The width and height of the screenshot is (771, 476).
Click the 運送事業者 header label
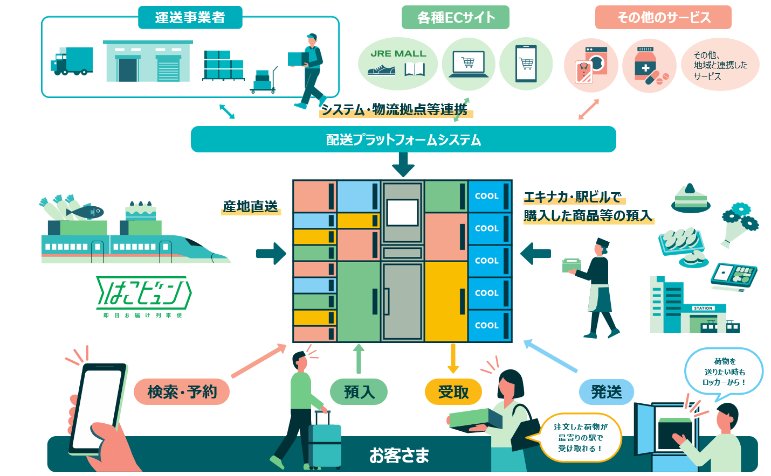(x=190, y=17)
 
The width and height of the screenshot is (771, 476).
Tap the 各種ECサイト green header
(x=456, y=17)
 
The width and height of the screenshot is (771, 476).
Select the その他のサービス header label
(x=663, y=17)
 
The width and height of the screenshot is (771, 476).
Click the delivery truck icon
(x=72, y=61)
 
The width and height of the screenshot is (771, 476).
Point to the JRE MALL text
(x=398, y=53)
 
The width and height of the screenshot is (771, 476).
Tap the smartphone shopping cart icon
(x=526, y=64)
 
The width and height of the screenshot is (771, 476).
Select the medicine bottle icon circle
(x=649, y=65)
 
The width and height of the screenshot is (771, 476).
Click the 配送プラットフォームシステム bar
(x=403, y=139)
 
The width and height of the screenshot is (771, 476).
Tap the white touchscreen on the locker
(x=403, y=212)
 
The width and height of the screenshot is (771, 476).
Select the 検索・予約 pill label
(x=182, y=391)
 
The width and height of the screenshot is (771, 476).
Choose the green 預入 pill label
(x=359, y=391)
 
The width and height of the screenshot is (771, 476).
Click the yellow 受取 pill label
(x=453, y=391)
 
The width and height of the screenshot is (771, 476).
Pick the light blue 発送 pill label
(x=606, y=391)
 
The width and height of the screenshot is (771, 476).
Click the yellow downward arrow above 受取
(x=453, y=358)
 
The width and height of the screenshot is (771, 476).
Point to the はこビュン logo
(x=143, y=293)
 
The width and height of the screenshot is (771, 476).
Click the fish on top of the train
(x=86, y=211)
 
